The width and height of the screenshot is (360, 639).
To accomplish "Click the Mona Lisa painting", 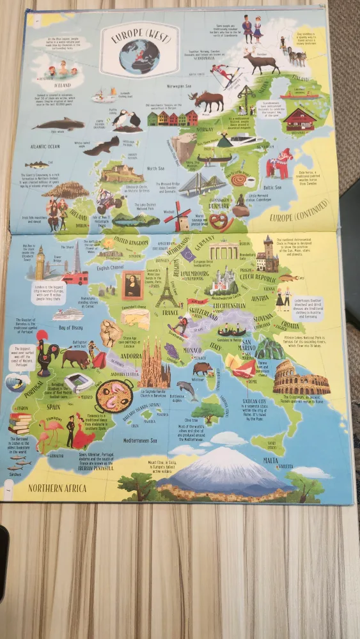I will pyautogui.click(x=133, y=285).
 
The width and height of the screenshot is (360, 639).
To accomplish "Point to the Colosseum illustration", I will pyautogui.click(x=300, y=381).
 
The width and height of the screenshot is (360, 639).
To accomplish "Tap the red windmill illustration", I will pyautogui.click(x=176, y=217).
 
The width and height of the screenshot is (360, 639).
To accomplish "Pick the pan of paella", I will pyautogui.click(x=114, y=396).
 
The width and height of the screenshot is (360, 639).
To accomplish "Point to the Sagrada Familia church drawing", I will pyautogui.click(x=153, y=365).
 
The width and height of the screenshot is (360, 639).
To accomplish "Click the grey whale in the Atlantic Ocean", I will pyautogui.click(x=58, y=124).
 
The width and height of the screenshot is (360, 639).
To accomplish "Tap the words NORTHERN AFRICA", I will pyautogui.click(x=57, y=489).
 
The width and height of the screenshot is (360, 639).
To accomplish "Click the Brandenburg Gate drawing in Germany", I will pyautogui.click(x=224, y=252).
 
